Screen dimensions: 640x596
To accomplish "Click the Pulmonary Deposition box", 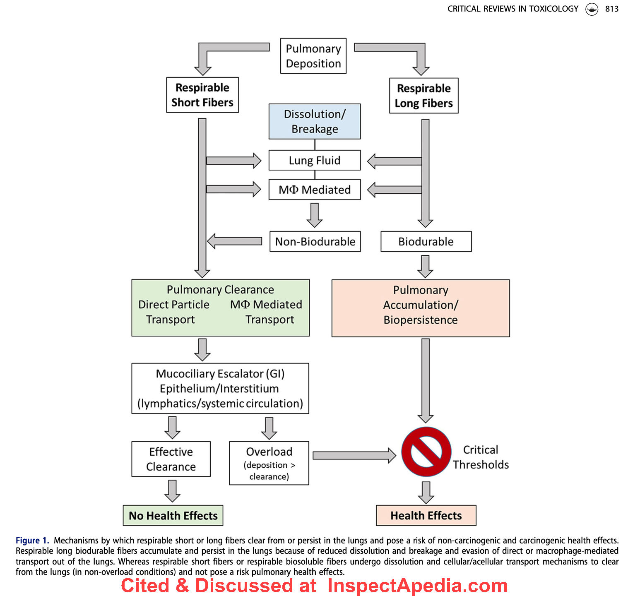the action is [313, 56].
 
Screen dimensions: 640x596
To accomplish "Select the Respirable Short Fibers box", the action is [202, 95].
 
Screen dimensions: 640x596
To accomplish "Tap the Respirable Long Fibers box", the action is [424, 96].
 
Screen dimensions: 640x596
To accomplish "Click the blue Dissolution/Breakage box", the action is [315, 121].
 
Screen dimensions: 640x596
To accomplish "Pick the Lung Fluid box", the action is [315, 160].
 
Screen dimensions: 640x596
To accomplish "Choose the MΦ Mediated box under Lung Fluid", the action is [315, 190].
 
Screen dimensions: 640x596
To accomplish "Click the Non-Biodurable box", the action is [315, 241].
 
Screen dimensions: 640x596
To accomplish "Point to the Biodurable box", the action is [426, 241].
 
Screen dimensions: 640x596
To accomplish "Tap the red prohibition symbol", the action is [426, 452].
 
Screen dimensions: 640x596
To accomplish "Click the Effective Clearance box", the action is [171, 459].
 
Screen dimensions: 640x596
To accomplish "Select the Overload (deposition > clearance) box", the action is [269, 463].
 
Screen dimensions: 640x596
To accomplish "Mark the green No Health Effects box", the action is [173, 515].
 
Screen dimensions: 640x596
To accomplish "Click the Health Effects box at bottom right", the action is [426, 515].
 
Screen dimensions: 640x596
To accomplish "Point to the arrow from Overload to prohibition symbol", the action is [354, 456].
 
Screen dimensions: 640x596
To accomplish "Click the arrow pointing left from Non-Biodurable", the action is [234, 241].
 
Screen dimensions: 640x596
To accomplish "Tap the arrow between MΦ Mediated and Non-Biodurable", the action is [315, 215].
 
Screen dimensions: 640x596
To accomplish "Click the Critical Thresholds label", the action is [481, 457].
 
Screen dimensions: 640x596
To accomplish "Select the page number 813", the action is [612, 9].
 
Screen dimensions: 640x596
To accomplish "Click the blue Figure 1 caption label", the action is [32, 540].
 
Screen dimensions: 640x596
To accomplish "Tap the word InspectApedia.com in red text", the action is [417, 585].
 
